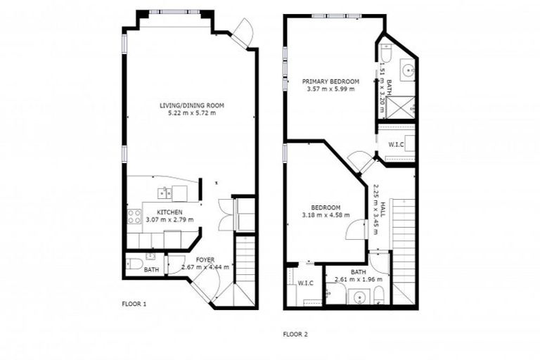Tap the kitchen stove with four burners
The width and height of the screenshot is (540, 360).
(x=133, y=217)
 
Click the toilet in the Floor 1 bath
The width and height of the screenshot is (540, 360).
(x=134, y=265)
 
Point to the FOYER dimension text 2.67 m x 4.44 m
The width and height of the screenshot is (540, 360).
(x=205, y=267)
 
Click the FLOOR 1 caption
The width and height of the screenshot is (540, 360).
(x=134, y=304)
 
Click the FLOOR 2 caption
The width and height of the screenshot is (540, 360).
(x=295, y=334)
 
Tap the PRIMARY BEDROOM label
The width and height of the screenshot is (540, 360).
(x=330, y=82)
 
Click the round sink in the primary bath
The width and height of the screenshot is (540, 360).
(x=407, y=70)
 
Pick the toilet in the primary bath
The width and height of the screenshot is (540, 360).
(x=386, y=53)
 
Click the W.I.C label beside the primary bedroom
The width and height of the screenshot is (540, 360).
(x=396, y=144)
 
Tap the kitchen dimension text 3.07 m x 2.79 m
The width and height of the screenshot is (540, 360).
(x=169, y=219)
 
